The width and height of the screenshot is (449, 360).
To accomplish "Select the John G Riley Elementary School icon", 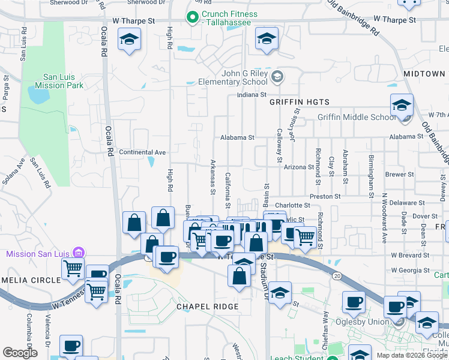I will click(277, 76).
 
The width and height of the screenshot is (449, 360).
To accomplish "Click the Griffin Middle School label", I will click(357, 118).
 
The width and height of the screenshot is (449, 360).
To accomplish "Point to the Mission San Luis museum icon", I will click(77, 254).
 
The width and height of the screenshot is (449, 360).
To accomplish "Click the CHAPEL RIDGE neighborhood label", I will click(208, 307).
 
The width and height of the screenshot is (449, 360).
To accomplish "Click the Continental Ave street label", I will click(142, 152).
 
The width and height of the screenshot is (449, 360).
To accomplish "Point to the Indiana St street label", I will click(252, 95).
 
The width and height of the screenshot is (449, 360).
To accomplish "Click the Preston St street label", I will click(325, 196).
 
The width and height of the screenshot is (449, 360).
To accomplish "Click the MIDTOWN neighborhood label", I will click(424, 73).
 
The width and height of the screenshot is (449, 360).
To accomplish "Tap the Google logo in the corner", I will click(20, 352).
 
